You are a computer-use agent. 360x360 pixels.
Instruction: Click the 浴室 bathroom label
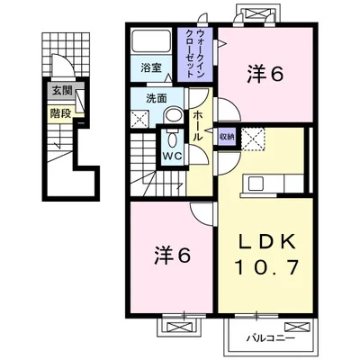tap(151, 68)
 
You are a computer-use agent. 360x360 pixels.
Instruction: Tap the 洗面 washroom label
tap(157, 99)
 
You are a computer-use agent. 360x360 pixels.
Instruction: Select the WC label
tap(173, 156)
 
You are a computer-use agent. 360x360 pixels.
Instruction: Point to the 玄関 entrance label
tap(62, 91)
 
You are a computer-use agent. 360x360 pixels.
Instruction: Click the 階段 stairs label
tap(61, 113)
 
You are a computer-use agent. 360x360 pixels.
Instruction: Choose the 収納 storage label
tap(227, 137)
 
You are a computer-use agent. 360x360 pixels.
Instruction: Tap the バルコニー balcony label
tap(271, 339)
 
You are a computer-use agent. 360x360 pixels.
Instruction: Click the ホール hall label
tap(197, 126)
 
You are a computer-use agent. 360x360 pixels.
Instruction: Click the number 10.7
tap(266, 267)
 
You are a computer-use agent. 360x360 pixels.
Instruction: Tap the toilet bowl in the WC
tap(173, 139)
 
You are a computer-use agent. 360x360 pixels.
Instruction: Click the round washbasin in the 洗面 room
tap(174, 116)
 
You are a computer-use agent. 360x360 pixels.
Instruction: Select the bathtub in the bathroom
tap(151, 41)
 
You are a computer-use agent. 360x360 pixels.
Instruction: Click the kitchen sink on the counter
tap(254, 184)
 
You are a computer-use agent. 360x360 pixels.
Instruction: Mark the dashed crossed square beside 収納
tap(254, 139)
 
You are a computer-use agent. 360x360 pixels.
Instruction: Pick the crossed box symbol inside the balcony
tap(297, 326)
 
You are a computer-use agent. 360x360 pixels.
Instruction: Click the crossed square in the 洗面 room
tap(140, 119)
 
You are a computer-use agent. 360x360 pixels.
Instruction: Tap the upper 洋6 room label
tap(265, 74)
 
